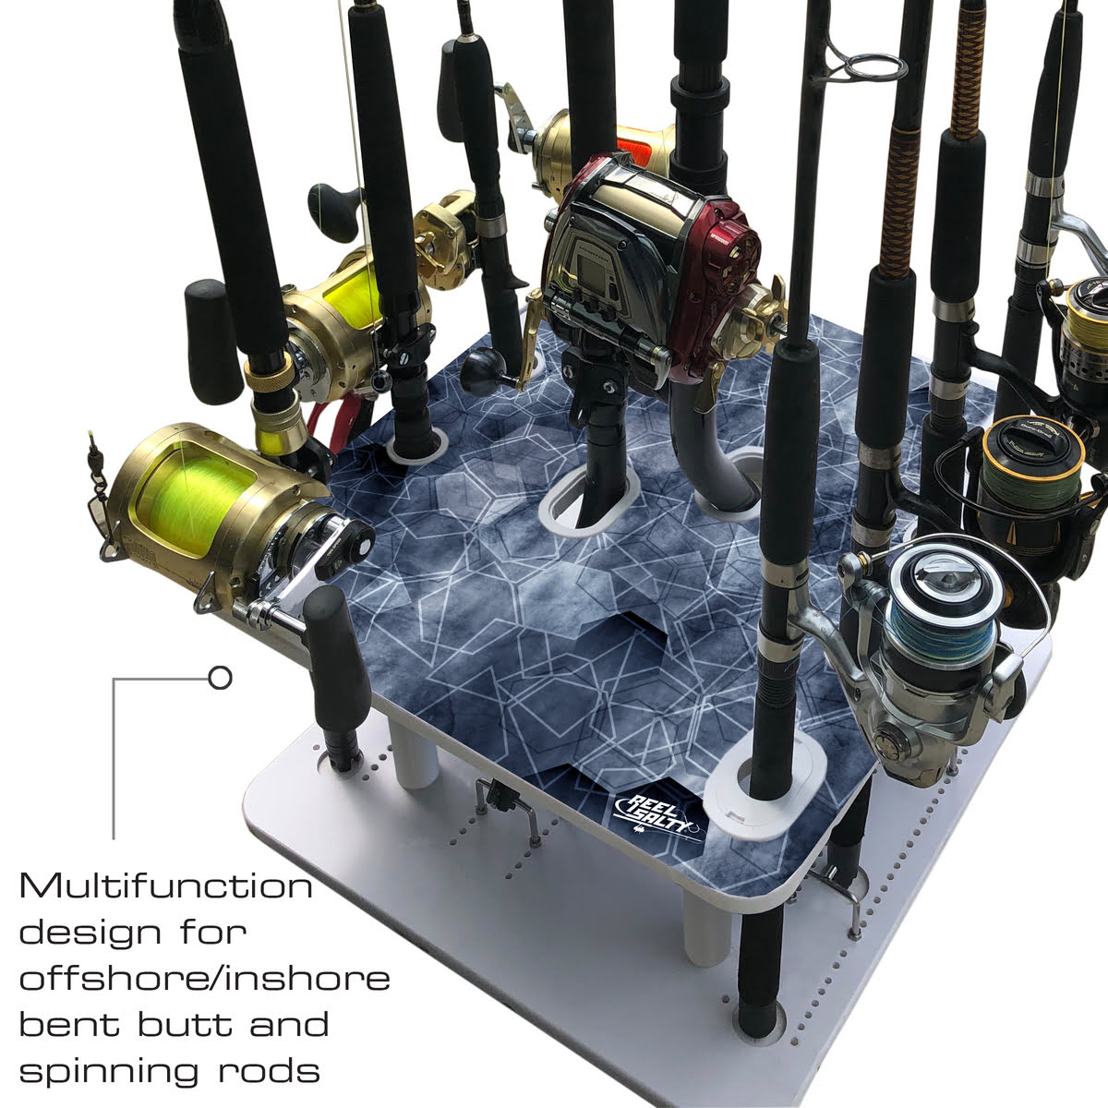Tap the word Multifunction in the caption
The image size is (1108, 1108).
click(166, 887)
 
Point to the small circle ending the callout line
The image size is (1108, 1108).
click(220, 679)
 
